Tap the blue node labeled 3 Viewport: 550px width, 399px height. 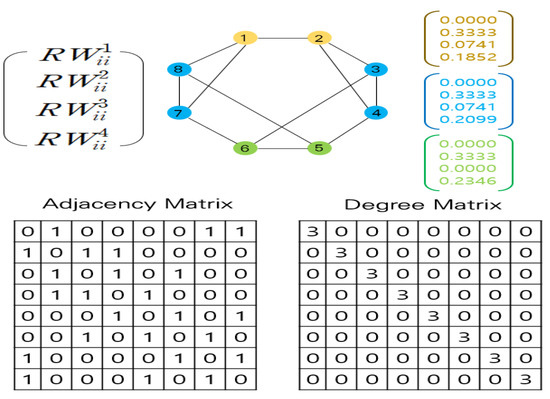(x=375, y=69)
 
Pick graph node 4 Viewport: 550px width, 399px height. (x=375, y=113)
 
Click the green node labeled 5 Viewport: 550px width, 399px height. (x=319, y=148)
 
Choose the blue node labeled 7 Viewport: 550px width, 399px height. (x=181, y=113)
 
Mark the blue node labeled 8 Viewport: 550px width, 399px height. (x=181, y=69)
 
